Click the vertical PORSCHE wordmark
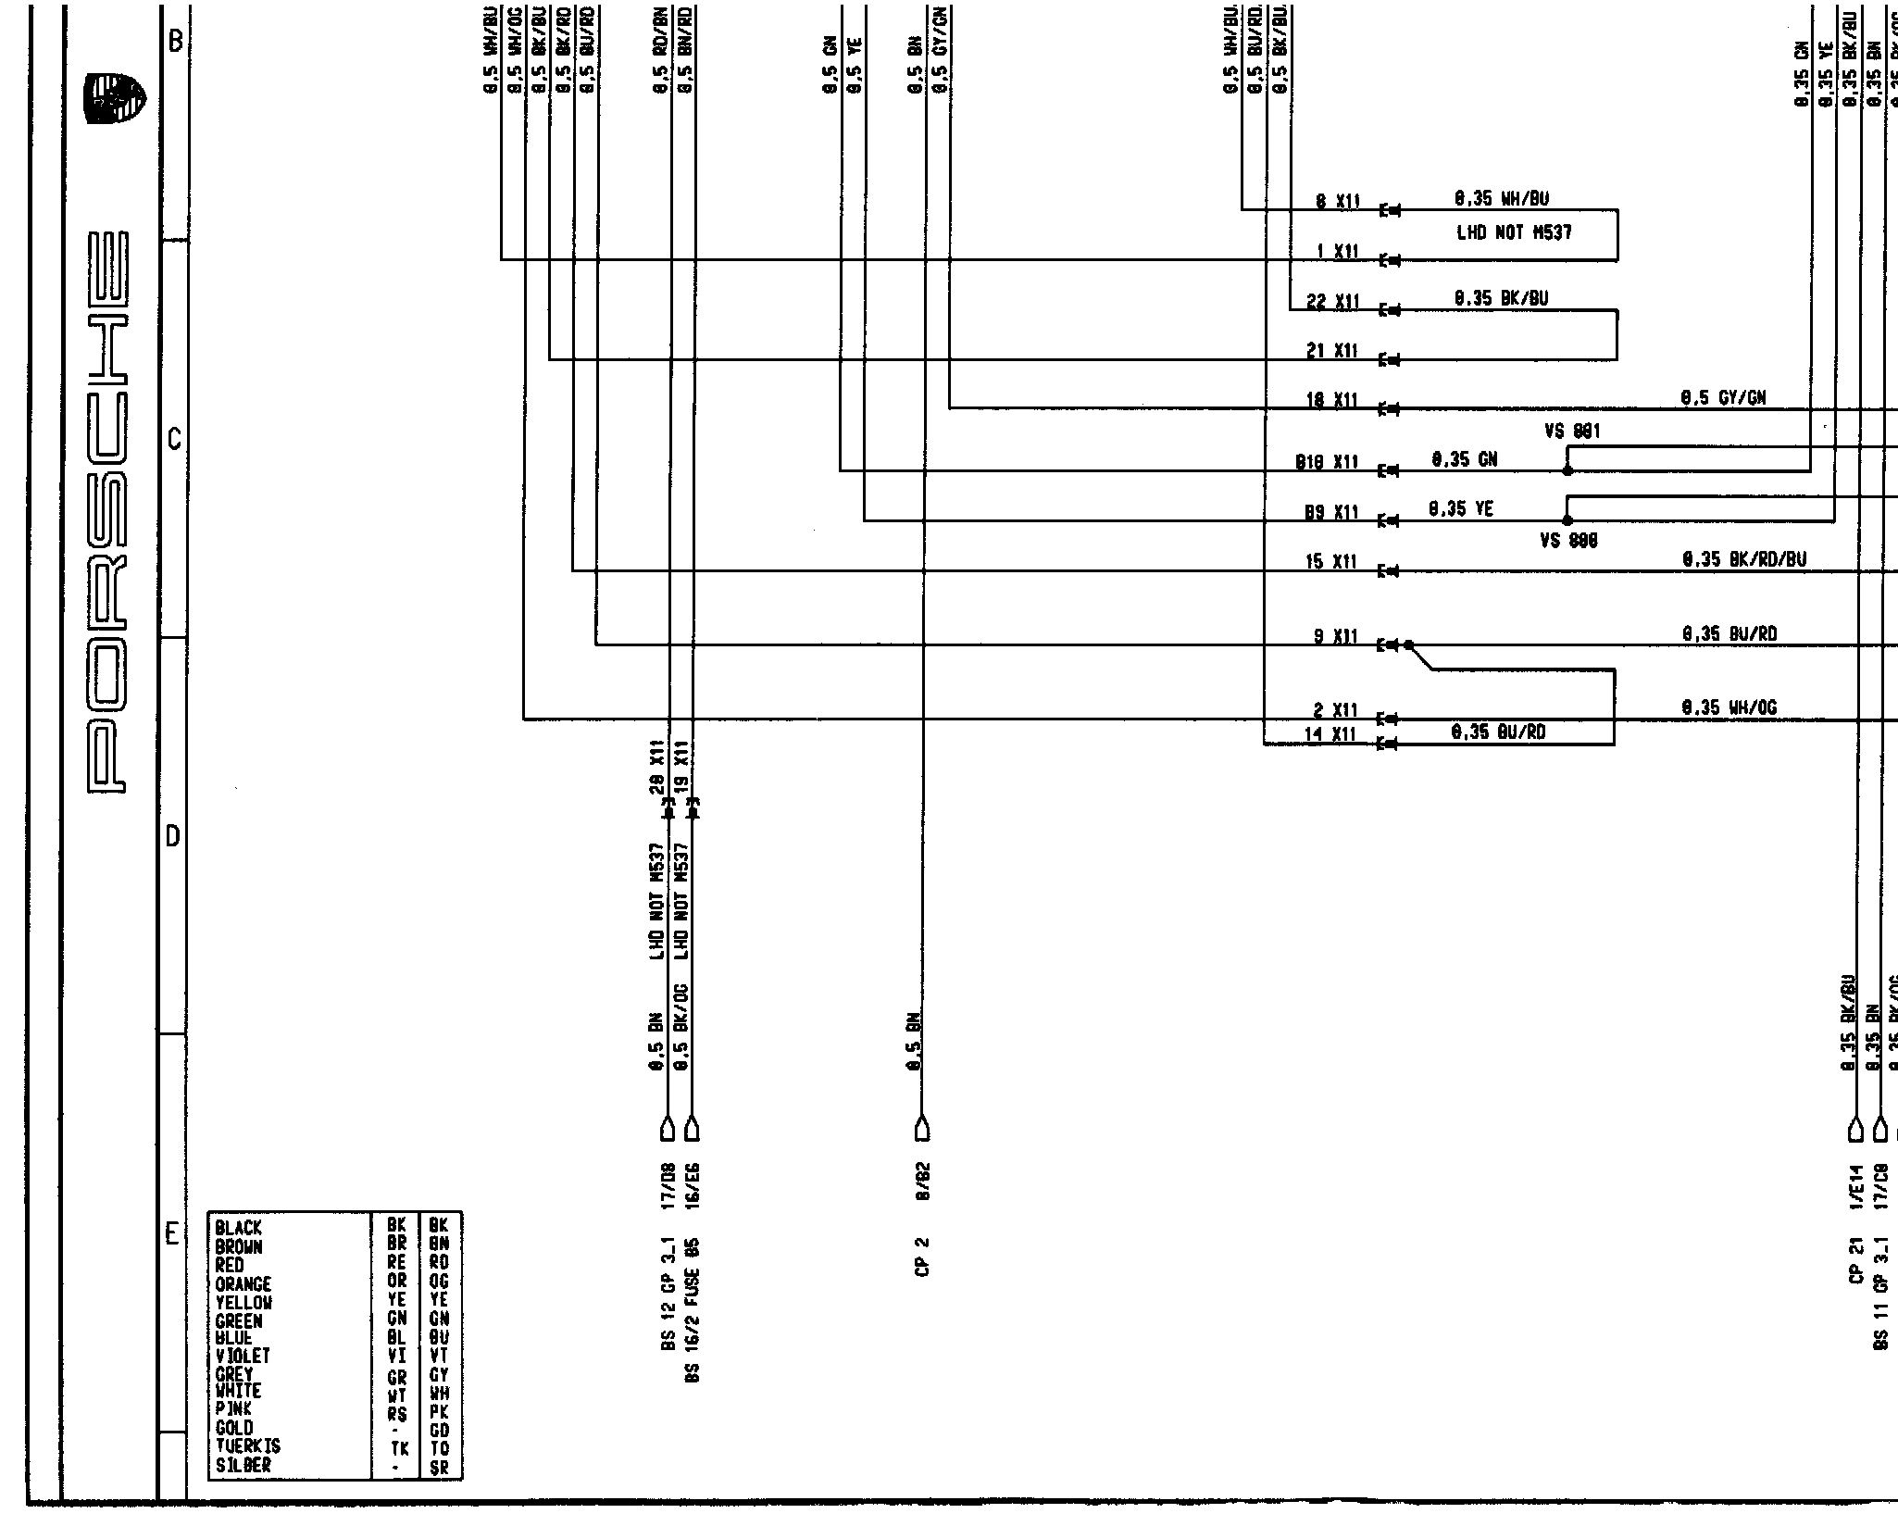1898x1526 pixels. click(109, 512)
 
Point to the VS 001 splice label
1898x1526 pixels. click(1572, 432)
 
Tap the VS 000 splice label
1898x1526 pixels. click(1568, 541)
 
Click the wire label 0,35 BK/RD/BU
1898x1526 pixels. click(1743, 560)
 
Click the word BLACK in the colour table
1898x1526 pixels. click(238, 1228)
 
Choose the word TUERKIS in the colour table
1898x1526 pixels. click(247, 1445)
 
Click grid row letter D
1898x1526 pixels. click(173, 837)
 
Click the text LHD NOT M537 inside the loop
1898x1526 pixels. click(1514, 233)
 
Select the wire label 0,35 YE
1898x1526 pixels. click(1460, 509)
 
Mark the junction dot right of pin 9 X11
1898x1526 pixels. click(1408, 645)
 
